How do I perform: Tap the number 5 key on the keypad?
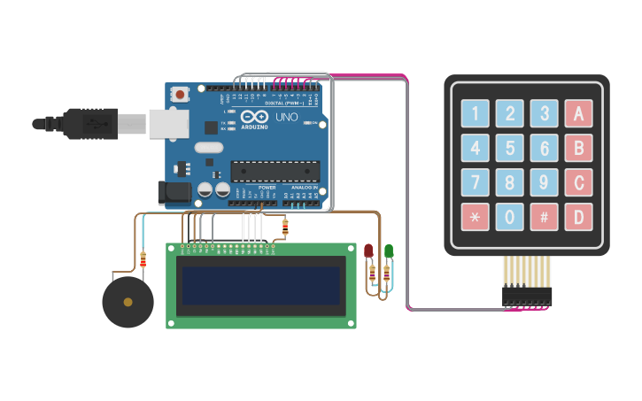click(509, 148)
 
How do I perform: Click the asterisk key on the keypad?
click(475, 216)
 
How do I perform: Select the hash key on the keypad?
click(544, 216)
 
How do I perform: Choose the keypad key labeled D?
click(578, 216)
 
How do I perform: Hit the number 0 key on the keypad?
click(509, 216)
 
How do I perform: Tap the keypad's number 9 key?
click(544, 182)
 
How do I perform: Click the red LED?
click(368, 251)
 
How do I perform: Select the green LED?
click(388, 251)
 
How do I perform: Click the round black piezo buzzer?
click(128, 302)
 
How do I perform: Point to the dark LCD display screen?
click(261, 285)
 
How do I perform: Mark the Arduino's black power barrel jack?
click(173, 192)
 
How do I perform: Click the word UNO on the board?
click(287, 117)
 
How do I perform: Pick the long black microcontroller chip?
click(275, 171)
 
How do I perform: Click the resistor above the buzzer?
click(143, 258)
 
